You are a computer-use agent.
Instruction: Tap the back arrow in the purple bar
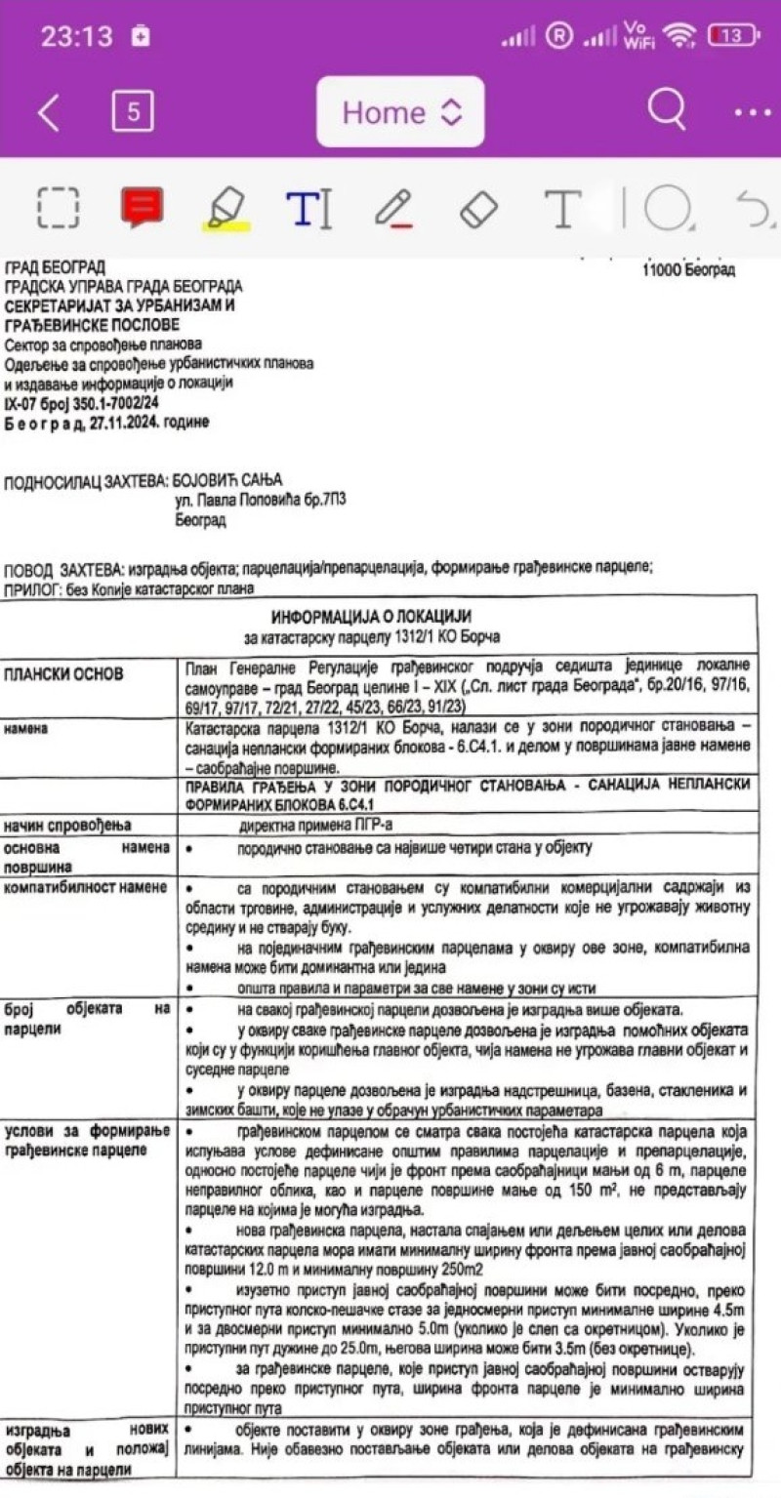[48, 113]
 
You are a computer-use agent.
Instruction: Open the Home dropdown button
[400, 112]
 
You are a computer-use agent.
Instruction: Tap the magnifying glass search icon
[666, 110]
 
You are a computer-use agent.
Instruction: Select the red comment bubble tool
[142, 207]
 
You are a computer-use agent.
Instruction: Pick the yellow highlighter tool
[226, 208]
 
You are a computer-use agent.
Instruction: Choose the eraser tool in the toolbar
[477, 208]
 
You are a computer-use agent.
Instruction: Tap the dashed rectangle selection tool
[59, 208]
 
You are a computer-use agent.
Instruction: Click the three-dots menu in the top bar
[752, 112]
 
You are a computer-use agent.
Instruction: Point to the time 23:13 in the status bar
[76, 37]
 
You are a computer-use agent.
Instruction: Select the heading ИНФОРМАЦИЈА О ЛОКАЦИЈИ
[371, 617]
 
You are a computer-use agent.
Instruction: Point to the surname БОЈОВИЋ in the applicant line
[226, 480]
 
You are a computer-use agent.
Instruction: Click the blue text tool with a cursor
[308, 208]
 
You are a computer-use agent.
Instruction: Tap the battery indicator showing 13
[733, 36]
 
